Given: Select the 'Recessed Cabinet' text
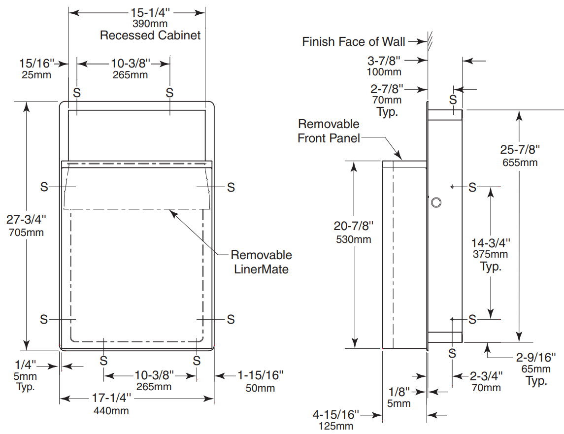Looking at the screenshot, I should coord(150,35).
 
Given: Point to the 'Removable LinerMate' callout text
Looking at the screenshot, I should coord(261,262).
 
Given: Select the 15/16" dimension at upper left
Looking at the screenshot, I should coord(35,63).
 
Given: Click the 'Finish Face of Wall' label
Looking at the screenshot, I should coord(354,42).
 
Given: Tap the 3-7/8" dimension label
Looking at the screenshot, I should coord(385,61).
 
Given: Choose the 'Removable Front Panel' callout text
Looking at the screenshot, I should coord(329,131).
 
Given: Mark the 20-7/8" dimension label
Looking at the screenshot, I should coord(354,226).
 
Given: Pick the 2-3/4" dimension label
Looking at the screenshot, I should coord(486,376).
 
